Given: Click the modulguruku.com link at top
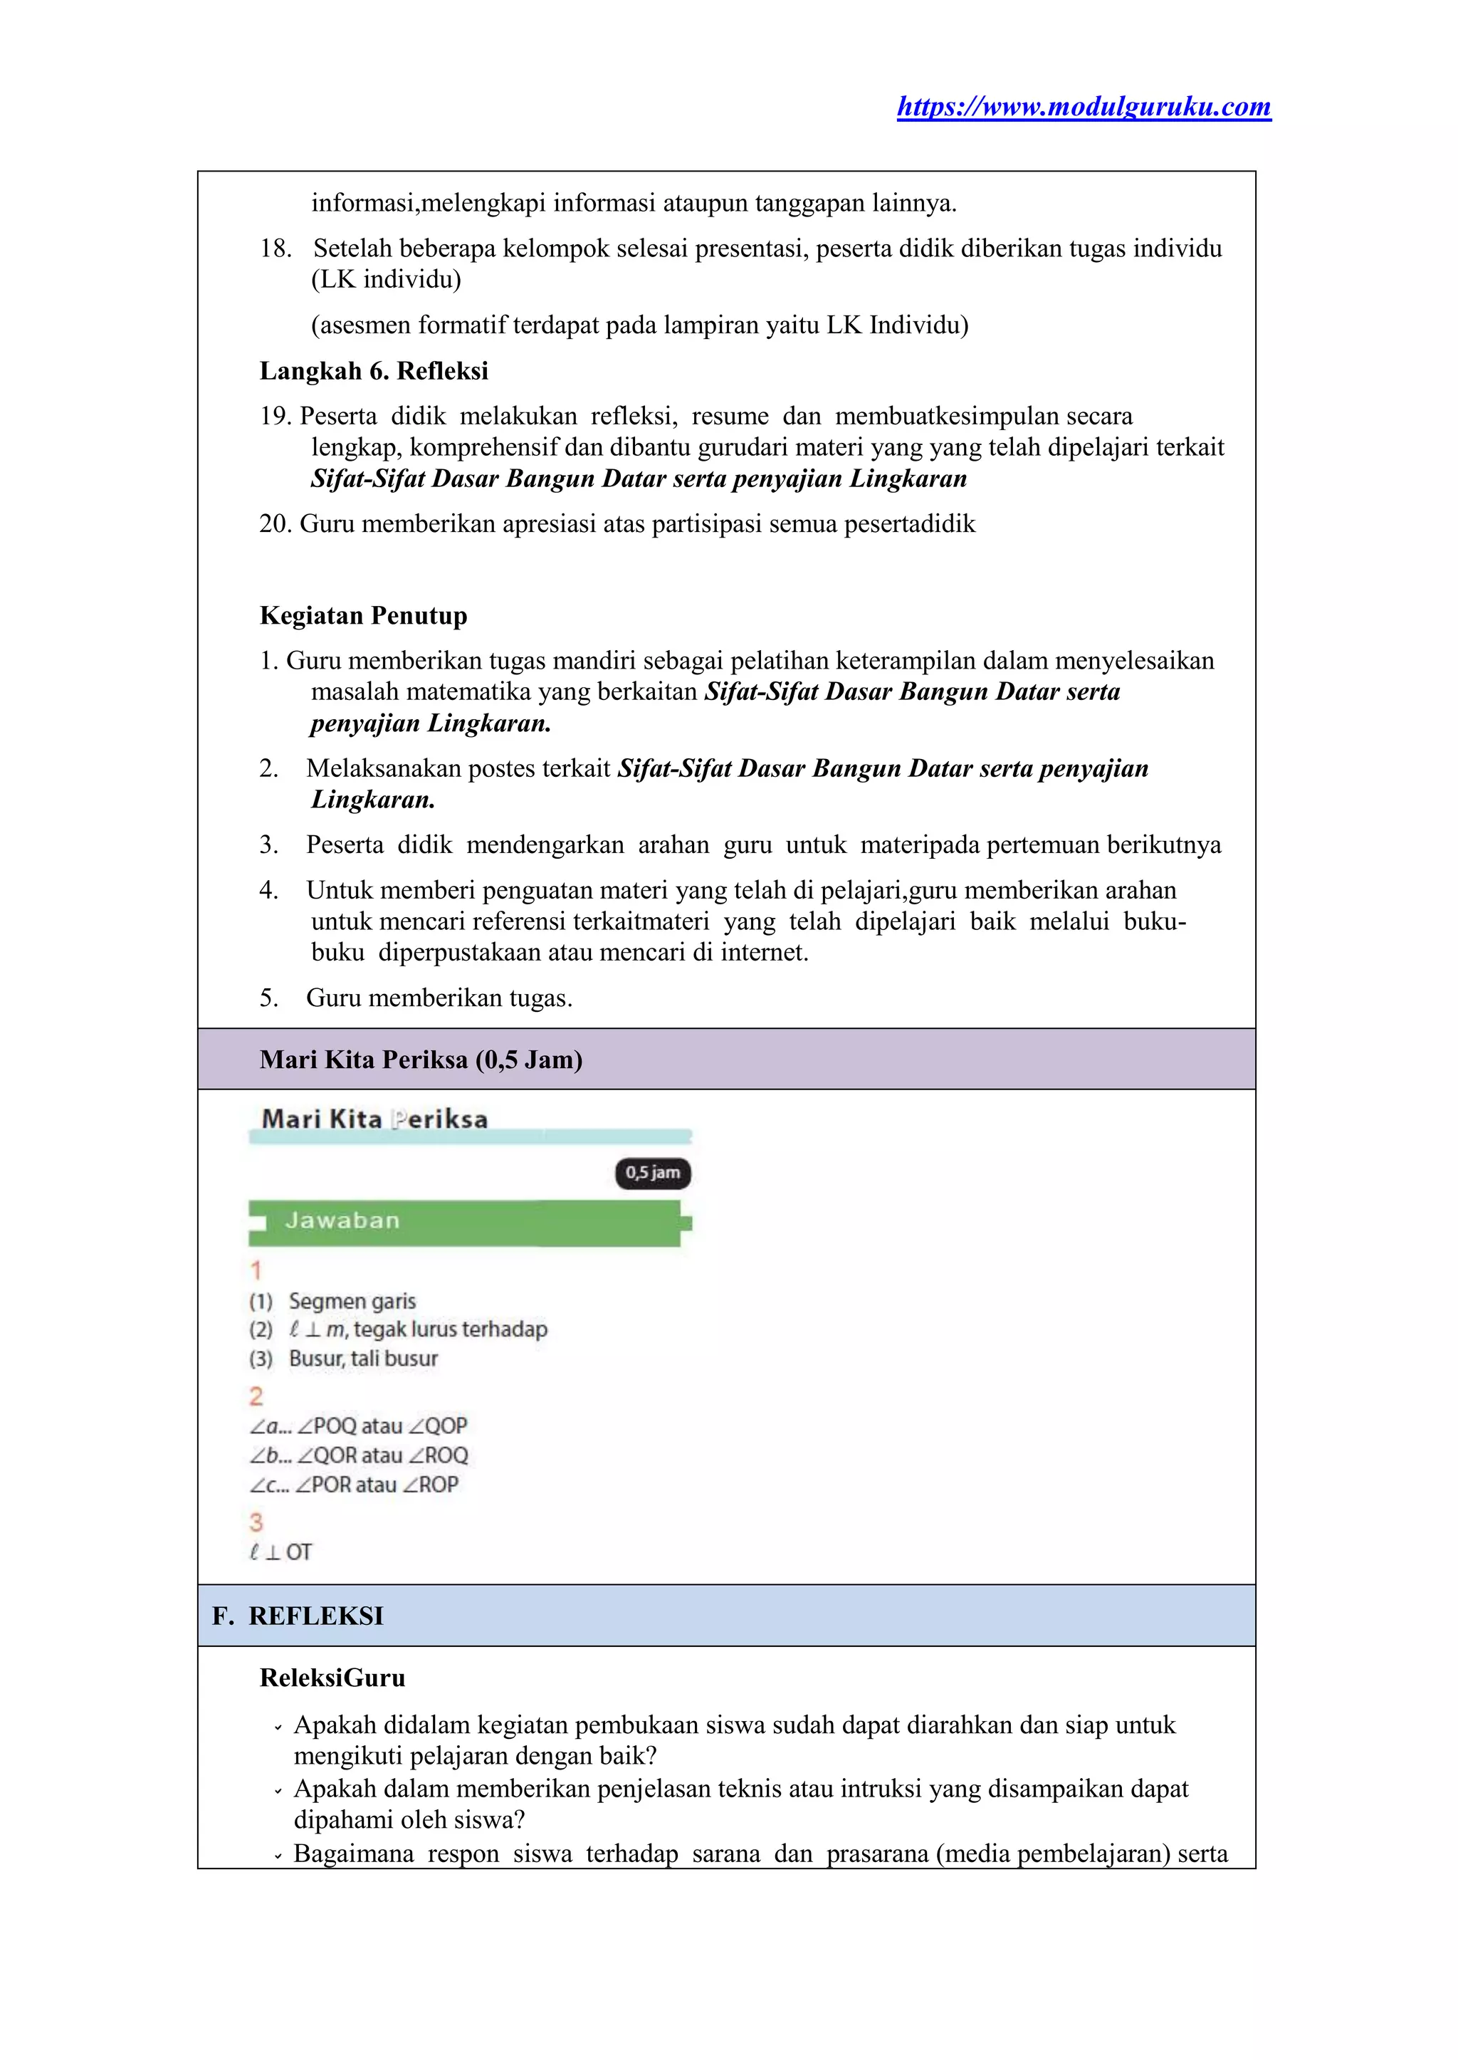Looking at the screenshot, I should pyautogui.click(x=1084, y=107).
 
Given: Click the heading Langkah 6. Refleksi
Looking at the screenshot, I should pyautogui.click(x=374, y=371).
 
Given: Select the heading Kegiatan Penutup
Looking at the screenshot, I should pyautogui.click(x=362, y=615).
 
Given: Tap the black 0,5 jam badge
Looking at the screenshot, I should pyautogui.click(x=653, y=1173).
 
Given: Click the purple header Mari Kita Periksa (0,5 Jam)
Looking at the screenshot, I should pyautogui.click(x=421, y=1060).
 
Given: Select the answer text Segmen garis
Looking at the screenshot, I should pyautogui.click(x=352, y=1301).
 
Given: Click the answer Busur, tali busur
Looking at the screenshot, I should pyautogui.click(x=362, y=1359).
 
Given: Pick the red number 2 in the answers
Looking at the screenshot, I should pyautogui.click(x=256, y=1396).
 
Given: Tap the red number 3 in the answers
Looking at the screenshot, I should pyautogui.click(x=256, y=1522).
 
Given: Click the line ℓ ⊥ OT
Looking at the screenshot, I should pyautogui.click(x=281, y=1552).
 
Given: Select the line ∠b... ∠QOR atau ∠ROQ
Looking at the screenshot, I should pyautogui.click(x=359, y=1455).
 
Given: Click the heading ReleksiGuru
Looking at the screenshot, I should pyautogui.click(x=332, y=1678).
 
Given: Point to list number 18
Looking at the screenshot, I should pyautogui.click(x=275, y=249).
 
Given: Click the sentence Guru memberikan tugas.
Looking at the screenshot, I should pyautogui.click(x=439, y=998).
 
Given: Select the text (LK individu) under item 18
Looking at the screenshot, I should pyautogui.click(x=386, y=279).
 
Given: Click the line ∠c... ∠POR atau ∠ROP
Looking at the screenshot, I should pyautogui.click(x=355, y=1485).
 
